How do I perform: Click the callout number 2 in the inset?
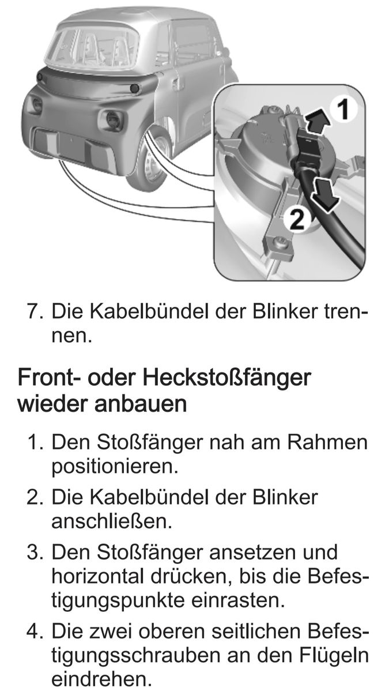(x=297, y=219)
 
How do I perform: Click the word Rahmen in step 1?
(x=327, y=442)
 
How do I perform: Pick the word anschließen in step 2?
(x=111, y=522)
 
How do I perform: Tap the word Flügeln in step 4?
(x=334, y=656)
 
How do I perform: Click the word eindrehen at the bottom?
(x=102, y=680)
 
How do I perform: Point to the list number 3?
(x=35, y=552)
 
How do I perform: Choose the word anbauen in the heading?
(x=141, y=404)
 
